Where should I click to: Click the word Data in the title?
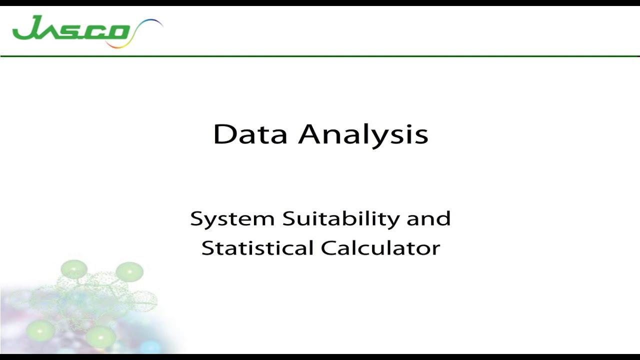point(250,134)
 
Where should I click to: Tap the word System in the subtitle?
point(232,219)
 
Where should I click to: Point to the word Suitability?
point(341,219)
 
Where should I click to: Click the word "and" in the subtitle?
point(428,218)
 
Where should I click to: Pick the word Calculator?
point(380,248)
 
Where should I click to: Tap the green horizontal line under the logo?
point(320,56)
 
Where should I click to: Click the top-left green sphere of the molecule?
point(74,269)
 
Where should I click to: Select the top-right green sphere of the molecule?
point(129,271)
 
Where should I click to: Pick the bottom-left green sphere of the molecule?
point(40,330)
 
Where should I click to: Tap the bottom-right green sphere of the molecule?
point(100,336)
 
